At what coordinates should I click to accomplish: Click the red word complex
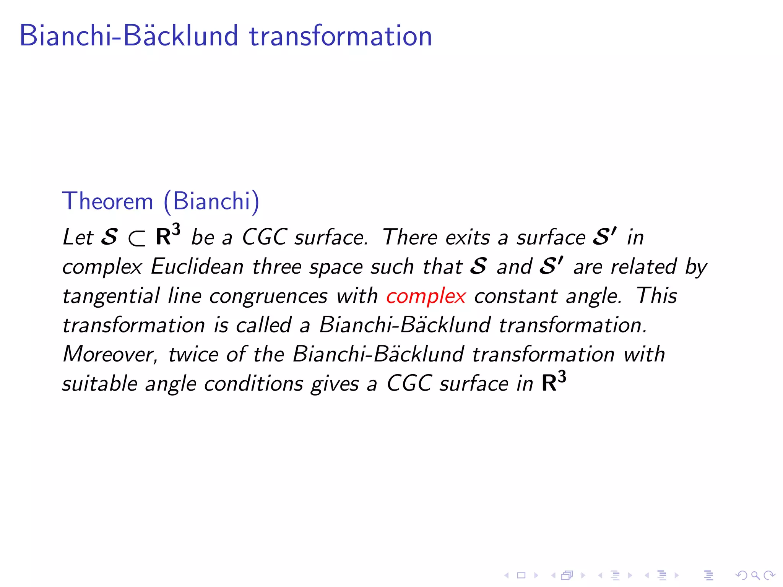click(426, 296)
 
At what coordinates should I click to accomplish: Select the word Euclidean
click(197, 266)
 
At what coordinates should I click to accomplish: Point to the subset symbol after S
click(136, 238)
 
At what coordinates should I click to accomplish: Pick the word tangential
click(111, 296)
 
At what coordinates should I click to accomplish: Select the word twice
click(193, 354)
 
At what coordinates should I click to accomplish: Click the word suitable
click(100, 383)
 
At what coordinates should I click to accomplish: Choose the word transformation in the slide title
click(340, 36)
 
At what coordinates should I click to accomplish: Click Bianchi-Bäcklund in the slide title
click(129, 36)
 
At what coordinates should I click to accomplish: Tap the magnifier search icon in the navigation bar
click(755, 575)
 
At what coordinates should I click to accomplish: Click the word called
click(264, 325)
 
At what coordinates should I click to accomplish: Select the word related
click(643, 266)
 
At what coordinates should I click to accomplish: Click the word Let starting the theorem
click(78, 237)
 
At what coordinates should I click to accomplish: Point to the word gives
click(335, 384)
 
